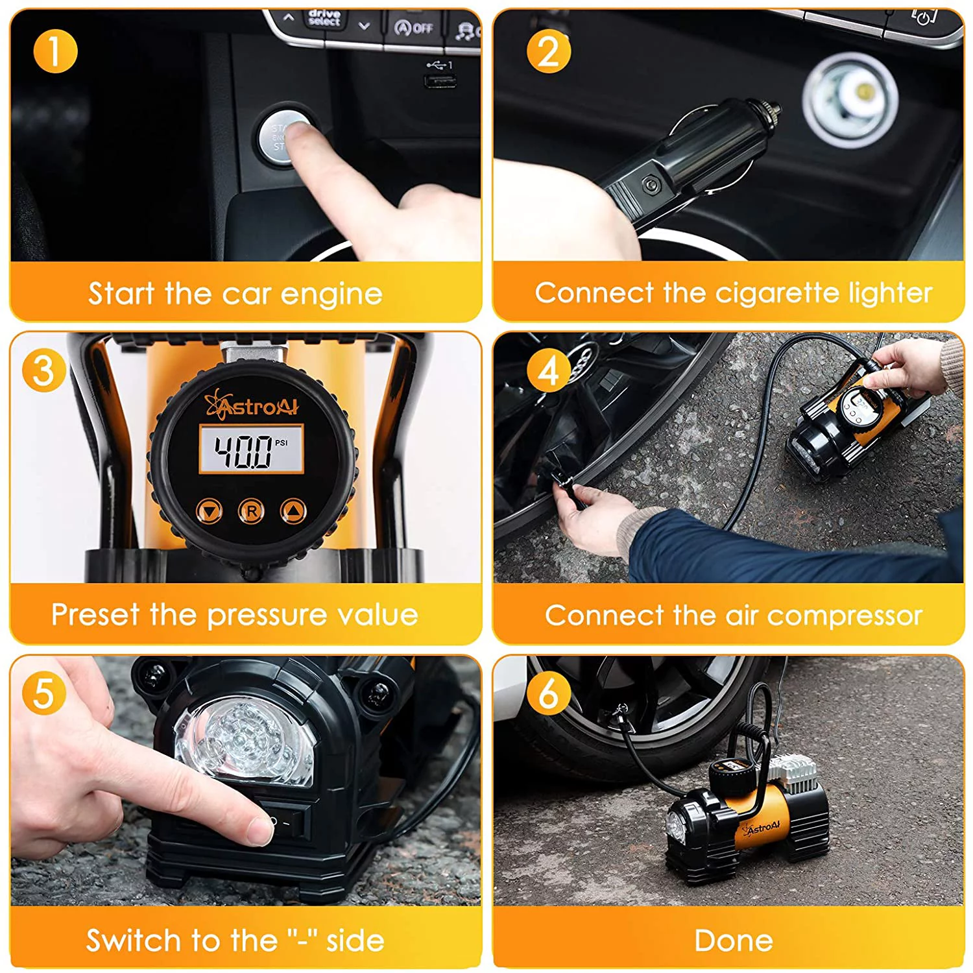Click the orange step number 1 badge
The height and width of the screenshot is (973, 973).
coord(55,51)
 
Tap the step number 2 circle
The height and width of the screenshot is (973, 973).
coord(548,51)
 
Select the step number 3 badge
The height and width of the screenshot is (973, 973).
coord(43,370)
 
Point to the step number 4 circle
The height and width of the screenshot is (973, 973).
coord(548,370)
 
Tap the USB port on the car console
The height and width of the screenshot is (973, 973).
coord(440,81)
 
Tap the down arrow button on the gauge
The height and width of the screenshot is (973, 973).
coord(209,511)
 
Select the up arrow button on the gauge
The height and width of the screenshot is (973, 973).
coord(293,511)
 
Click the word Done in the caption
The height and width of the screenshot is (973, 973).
coord(733,941)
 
